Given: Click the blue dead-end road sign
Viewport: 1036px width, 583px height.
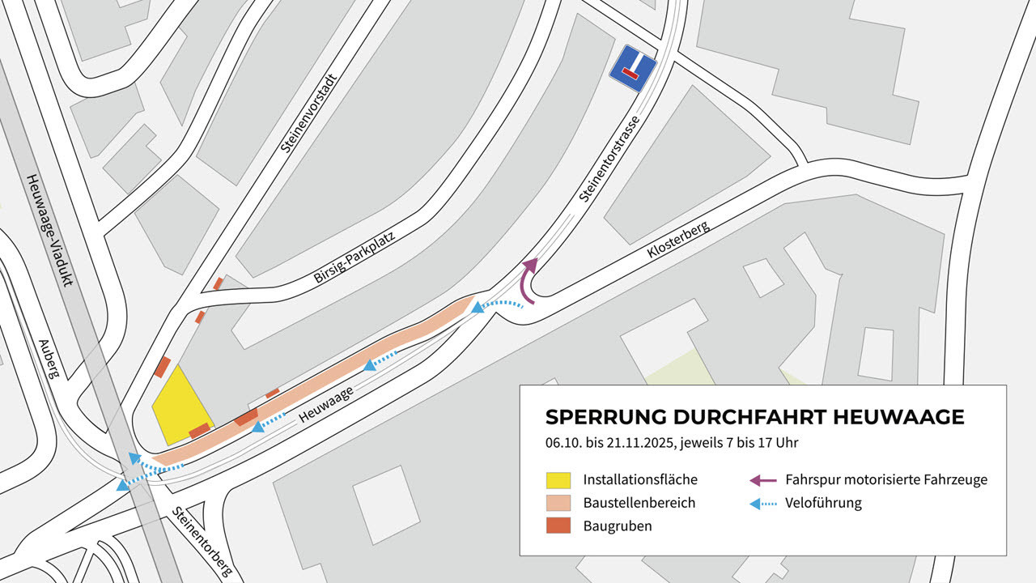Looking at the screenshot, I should point(633,69).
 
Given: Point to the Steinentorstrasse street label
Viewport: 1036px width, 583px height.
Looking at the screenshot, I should point(610,158).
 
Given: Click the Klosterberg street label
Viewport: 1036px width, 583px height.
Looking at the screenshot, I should point(678,240).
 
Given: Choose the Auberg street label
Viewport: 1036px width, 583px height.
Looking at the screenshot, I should point(49,359).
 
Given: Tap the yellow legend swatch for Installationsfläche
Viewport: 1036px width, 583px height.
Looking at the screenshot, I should point(558,479).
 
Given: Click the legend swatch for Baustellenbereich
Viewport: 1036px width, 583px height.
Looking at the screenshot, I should point(558,503).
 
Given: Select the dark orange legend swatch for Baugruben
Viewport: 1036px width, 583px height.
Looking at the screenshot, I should point(558,526).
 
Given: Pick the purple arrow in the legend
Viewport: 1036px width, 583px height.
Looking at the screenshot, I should point(763,479).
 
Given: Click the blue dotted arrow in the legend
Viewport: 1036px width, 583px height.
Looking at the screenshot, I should point(763,503).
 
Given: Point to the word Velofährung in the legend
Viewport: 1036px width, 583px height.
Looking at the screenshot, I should point(823,503).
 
